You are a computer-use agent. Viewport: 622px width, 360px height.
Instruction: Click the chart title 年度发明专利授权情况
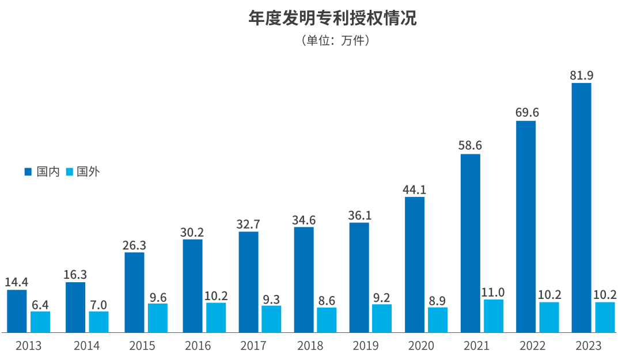click(x=332, y=18)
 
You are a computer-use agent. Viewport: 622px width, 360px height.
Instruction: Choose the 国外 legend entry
click(x=82, y=172)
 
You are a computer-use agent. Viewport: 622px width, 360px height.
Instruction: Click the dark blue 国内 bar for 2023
click(x=581, y=207)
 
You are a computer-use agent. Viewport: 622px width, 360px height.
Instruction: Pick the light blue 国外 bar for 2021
click(x=494, y=316)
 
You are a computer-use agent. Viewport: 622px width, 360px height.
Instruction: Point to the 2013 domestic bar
click(x=17, y=311)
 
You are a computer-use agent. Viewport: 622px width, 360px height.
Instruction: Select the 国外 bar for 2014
click(x=98, y=321)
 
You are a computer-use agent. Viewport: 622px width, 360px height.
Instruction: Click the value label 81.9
click(x=581, y=75)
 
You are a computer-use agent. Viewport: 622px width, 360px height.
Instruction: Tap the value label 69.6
click(x=526, y=112)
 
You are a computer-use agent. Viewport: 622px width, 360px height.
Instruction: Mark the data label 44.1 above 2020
click(x=415, y=189)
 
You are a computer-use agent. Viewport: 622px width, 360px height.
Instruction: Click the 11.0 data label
click(x=493, y=291)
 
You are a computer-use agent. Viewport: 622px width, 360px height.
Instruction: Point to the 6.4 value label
click(x=40, y=304)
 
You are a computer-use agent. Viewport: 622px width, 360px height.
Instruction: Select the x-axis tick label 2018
click(x=310, y=346)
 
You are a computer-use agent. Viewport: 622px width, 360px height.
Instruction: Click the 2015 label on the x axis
click(x=142, y=346)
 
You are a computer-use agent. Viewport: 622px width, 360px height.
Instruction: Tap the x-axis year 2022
click(x=532, y=346)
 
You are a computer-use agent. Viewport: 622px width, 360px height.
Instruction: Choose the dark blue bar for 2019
click(x=359, y=277)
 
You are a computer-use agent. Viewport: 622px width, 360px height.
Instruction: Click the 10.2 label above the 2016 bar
click(x=217, y=295)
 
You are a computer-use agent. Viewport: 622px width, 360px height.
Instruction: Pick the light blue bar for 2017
click(x=271, y=319)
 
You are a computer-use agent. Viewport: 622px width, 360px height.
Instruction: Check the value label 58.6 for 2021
click(x=470, y=146)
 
